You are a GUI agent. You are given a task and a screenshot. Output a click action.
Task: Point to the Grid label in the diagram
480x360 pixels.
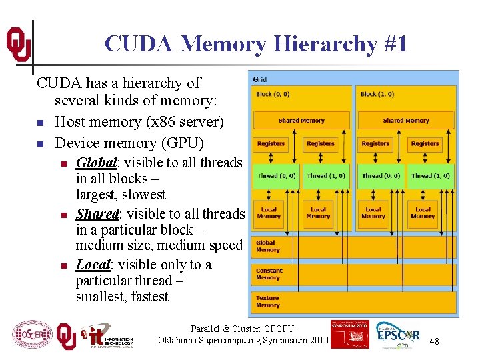[x=260, y=80]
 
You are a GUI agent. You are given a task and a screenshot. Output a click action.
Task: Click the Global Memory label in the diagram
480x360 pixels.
[x=266, y=246]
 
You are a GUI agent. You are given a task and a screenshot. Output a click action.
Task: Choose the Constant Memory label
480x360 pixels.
[x=269, y=274]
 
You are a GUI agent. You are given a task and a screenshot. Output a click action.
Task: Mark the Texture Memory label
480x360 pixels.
[x=268, y=301]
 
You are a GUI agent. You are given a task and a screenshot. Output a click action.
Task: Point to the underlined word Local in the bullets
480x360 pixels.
[x=93, y=265]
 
